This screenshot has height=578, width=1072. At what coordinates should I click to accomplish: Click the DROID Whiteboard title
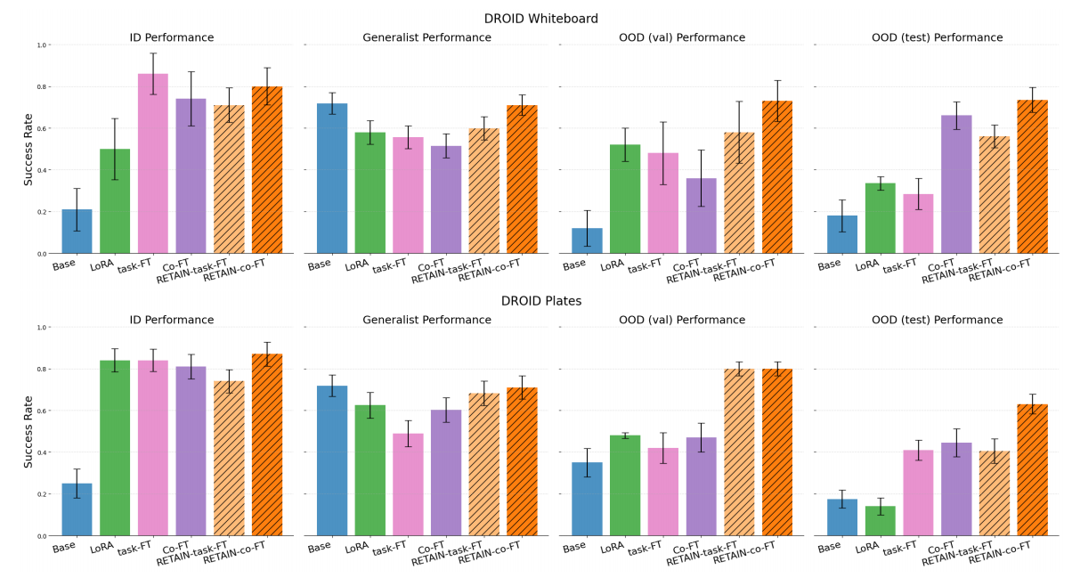point(540,19)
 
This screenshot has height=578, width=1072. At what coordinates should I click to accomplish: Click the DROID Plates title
point(540,301)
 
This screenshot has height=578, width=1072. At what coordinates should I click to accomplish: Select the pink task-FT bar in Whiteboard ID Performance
point(153,164)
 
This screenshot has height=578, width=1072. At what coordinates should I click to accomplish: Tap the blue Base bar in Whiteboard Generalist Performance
point(332,179)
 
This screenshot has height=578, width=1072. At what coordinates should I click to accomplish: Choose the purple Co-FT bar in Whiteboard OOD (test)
point(956,184)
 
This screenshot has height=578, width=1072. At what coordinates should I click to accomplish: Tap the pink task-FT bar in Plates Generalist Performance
point(408,485)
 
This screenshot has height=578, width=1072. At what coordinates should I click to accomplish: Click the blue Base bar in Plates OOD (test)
point(842,517)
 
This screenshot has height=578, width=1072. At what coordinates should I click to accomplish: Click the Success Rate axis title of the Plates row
point(28,431)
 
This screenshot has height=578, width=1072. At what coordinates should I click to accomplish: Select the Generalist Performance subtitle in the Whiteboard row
point(426,38)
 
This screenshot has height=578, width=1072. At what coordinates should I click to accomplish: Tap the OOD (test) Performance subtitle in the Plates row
point(937,321)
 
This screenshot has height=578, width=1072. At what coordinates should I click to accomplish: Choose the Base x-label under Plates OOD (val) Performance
point(575,547)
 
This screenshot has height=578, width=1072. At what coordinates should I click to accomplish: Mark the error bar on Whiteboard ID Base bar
point(77,209)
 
